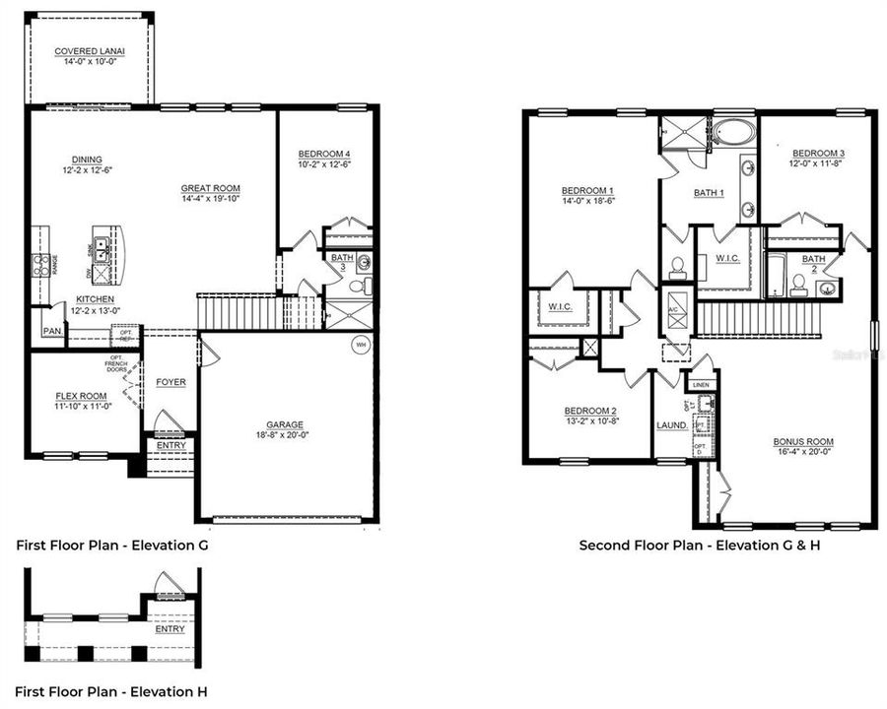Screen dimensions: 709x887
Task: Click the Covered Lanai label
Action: tap(89, 51)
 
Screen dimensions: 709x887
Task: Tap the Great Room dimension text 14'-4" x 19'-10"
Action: tap(210, 199)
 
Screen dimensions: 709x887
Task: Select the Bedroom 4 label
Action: tap(324, 154)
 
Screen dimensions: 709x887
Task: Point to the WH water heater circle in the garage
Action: tap(361, 345)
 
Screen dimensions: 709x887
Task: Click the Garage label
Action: tap(285, 425)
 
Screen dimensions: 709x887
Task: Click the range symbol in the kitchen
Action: tap(42, 264)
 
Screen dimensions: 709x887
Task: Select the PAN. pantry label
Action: tap(51, 331)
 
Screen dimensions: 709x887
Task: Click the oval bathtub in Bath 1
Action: tap(732, 133)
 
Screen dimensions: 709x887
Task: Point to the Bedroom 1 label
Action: tap(587, 190)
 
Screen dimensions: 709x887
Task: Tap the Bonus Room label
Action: tap(803, 441)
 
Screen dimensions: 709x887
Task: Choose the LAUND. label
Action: tap(671, 425)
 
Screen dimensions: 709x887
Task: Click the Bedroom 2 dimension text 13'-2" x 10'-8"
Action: tap(590, 421)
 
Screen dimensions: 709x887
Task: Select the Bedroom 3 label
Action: tap(818, 153)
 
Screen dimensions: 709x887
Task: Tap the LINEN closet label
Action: tap(701, 385)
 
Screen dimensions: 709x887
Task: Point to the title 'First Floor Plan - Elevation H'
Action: tap(110, 691)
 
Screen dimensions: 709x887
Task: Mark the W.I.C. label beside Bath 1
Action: tap(727, 259)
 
